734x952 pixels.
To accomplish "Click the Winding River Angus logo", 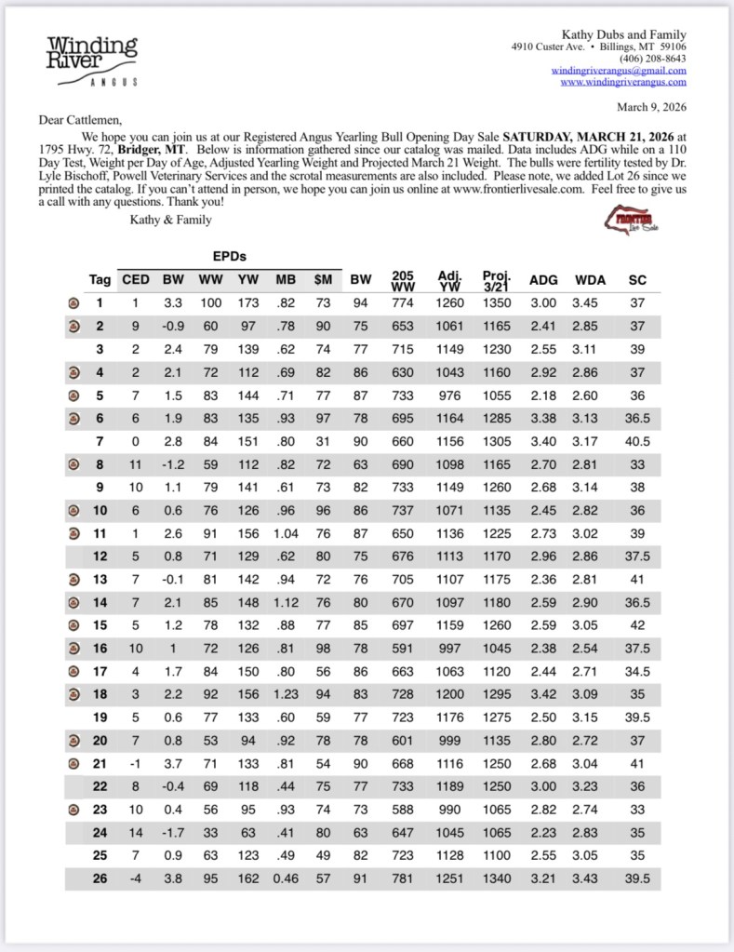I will click(92, 60).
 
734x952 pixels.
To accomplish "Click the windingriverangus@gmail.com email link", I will click(618, 71).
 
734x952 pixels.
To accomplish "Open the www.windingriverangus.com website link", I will click(623, 82).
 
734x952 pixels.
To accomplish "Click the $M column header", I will click(323, 279).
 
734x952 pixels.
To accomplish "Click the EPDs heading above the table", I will click(228, 254).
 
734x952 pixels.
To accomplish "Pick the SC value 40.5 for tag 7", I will click(637, 441).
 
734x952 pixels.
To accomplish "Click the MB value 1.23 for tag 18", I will click(285, 693).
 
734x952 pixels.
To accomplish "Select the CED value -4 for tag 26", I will click(135, 878).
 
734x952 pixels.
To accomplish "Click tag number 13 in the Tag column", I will click(100, 579).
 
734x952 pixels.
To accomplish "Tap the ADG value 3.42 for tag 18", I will click(543, 693).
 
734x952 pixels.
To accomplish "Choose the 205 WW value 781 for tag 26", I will click(403, 878).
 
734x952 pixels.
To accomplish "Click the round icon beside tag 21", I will click(73, 763).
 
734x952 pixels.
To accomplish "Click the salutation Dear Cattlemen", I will click(81, 120).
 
